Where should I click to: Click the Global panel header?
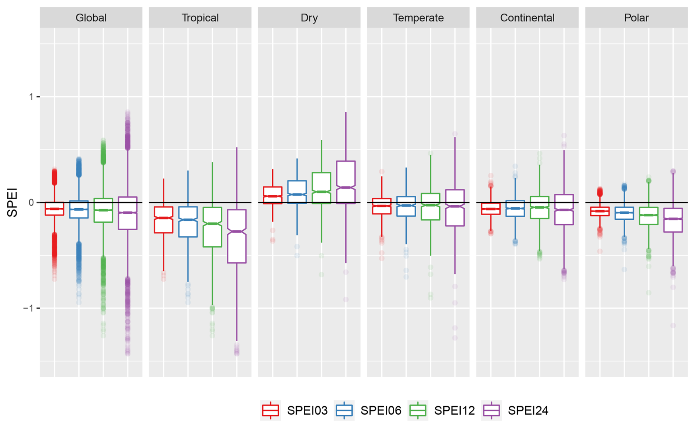(x=91, y=18)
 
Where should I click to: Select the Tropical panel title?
(x=200, y=18)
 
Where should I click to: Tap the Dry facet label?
(x=309, y=18)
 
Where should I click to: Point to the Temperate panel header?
(x=418, y=18)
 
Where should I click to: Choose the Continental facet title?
(x=527, y=18)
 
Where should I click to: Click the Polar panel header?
(x=636, y=18)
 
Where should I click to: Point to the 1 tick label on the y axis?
(x=31, y=97)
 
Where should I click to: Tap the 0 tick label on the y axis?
(x=31, y=202)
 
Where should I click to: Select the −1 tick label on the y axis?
(x=28, y=308)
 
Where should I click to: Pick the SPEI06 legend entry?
(x=368, y=410)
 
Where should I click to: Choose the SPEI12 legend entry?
(x=442, y=410)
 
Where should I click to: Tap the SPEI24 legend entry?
(x=516, y=410)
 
